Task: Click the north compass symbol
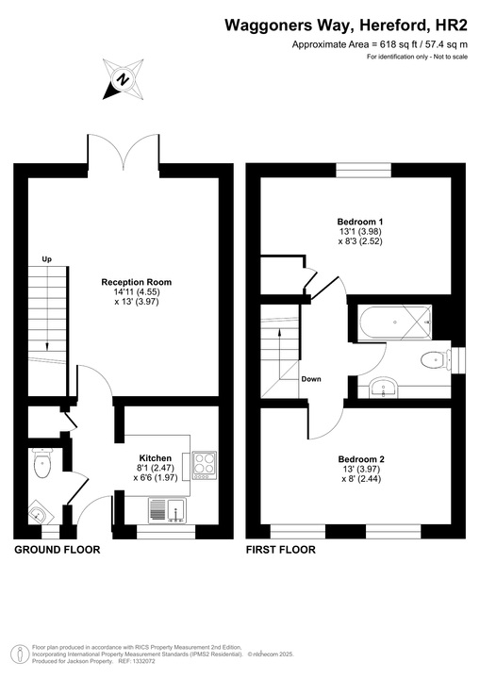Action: click(122, 79)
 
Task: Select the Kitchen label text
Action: click(156, 457)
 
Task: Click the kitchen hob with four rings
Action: click(205, 465)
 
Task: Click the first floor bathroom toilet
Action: click(435, 358)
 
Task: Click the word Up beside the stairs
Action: click(45, 258)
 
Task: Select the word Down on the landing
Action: click(311, 379)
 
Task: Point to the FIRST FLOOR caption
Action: click(280, 549)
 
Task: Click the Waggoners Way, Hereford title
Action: click(348, 25)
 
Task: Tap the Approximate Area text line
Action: click(380, 44)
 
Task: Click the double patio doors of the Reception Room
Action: click(123, 151)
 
